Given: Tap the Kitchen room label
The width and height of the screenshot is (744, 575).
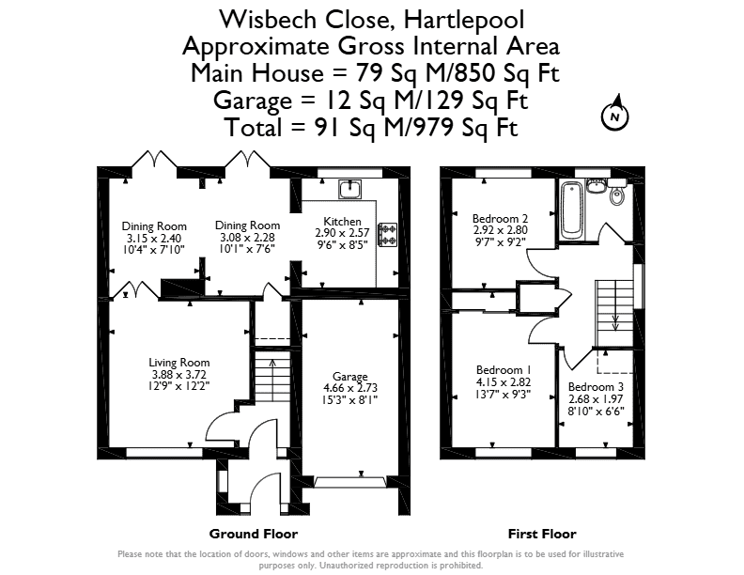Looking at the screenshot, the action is pos(342,222).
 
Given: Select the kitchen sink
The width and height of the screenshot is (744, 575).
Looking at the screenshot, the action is pos(349,189).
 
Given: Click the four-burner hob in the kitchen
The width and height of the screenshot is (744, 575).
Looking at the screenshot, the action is pos(387,234).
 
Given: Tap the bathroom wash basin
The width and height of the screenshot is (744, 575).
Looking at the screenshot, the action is pos(595,186).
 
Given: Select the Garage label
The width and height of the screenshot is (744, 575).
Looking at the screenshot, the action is pos(350,376).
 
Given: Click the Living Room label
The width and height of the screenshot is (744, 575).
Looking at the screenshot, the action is pos(178,363).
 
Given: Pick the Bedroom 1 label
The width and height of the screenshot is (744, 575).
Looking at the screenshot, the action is pos(504,370).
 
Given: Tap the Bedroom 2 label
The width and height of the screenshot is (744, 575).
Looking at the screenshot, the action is pos(500,219).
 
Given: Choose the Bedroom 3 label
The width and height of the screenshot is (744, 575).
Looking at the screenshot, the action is pos(596,387).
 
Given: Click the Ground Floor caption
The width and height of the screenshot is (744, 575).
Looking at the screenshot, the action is pos(254,535).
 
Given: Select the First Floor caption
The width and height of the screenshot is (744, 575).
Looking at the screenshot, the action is pos(542,535).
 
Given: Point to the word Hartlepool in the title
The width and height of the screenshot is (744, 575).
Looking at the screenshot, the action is pos(464,20).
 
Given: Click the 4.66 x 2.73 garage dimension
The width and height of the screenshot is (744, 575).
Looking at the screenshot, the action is pos(350,388).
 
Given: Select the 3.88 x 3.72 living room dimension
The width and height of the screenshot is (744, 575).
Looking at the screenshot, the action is pos(178,375).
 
